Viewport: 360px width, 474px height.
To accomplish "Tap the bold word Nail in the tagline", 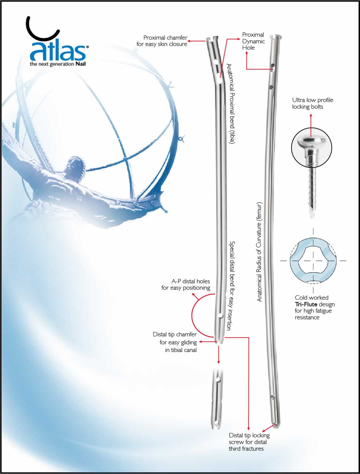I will pos(80,64).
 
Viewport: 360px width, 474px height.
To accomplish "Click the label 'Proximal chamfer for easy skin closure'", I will pos(162,41).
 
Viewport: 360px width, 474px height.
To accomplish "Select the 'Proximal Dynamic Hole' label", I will pos(253,41).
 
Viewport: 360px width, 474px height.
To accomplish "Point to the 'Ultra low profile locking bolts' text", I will pos(312,103).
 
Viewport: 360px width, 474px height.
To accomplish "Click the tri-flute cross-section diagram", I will pos(313,260).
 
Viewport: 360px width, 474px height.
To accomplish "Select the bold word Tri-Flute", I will pos(306,304).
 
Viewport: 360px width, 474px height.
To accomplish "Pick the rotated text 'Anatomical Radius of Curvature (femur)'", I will pos(260,252).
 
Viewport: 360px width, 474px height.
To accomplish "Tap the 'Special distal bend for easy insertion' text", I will pos(231,286).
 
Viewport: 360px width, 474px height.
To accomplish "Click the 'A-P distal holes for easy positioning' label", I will pos(186,285).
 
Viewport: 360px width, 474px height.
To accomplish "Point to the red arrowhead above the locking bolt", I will pos(311,116).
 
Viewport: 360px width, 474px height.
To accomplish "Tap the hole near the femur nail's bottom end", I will pos(273,397).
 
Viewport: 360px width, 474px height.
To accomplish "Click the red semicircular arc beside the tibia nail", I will pos(193,315).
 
